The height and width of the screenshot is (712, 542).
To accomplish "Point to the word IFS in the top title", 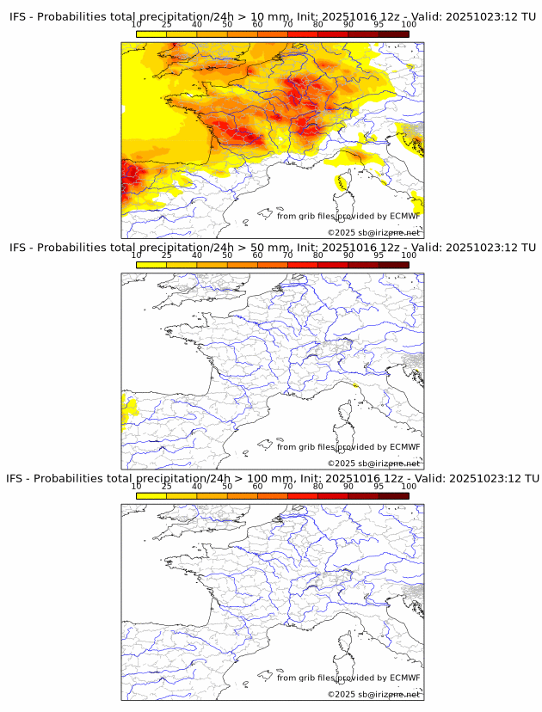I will tap(18, 17).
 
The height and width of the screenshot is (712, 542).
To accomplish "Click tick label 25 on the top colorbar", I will tap(166, 25).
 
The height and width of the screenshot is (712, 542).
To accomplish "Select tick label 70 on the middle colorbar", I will tap(288, 255).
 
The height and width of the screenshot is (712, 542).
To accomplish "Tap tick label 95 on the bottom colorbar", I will tap(379, 486).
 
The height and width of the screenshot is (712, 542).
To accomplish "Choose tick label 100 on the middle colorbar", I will tap(409, 255).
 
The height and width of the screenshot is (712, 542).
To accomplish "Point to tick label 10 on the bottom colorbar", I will tap(137, 486).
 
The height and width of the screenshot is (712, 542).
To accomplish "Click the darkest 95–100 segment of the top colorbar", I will tap(394, 34).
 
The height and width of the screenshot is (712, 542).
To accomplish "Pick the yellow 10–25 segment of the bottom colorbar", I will tap(151, 494).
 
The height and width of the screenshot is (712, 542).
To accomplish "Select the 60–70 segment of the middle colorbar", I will tap(273, 264).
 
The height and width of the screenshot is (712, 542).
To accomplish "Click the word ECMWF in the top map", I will tap(405, 216).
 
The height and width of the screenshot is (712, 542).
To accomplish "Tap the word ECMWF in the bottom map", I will tap(405, 678).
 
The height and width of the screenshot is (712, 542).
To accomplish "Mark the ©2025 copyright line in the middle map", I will tap(373, 463).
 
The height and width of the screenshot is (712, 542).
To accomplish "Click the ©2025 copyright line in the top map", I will tap(373, 233).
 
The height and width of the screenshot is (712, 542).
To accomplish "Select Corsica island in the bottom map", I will tap(343, 643).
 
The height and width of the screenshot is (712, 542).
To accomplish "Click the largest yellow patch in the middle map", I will tap(129, 412).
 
